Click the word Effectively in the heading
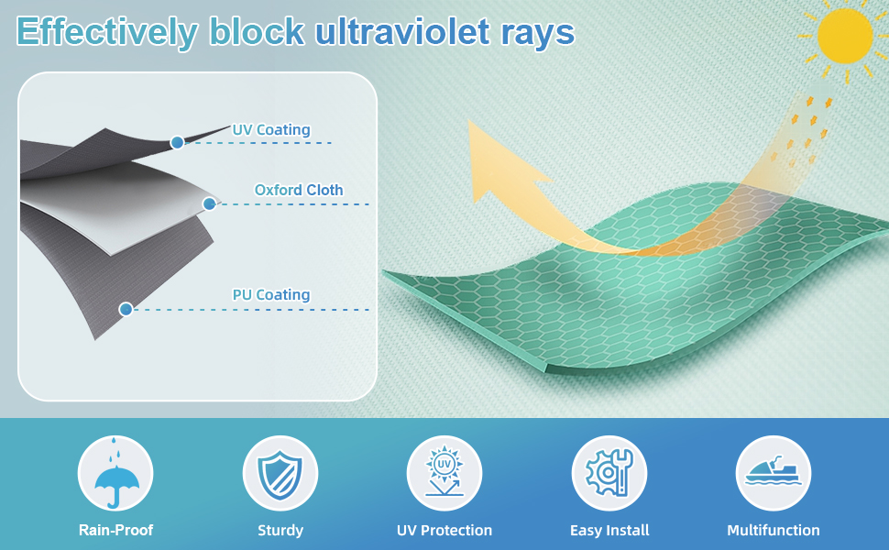point(107,32)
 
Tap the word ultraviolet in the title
point(402,31)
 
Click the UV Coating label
point(271,130)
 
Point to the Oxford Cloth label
point(299,190)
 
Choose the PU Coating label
point(271,295)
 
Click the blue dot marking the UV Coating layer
point(178,142)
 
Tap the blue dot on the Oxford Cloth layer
point(209,203)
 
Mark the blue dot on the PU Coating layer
point(126,309)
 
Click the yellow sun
point(845,36)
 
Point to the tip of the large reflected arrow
point(469,121)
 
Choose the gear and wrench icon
point(609,473)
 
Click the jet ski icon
point(774,471)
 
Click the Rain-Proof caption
point(115,530)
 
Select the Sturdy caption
point(280,531)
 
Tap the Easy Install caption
point(609,531)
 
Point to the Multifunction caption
point(774,530)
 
